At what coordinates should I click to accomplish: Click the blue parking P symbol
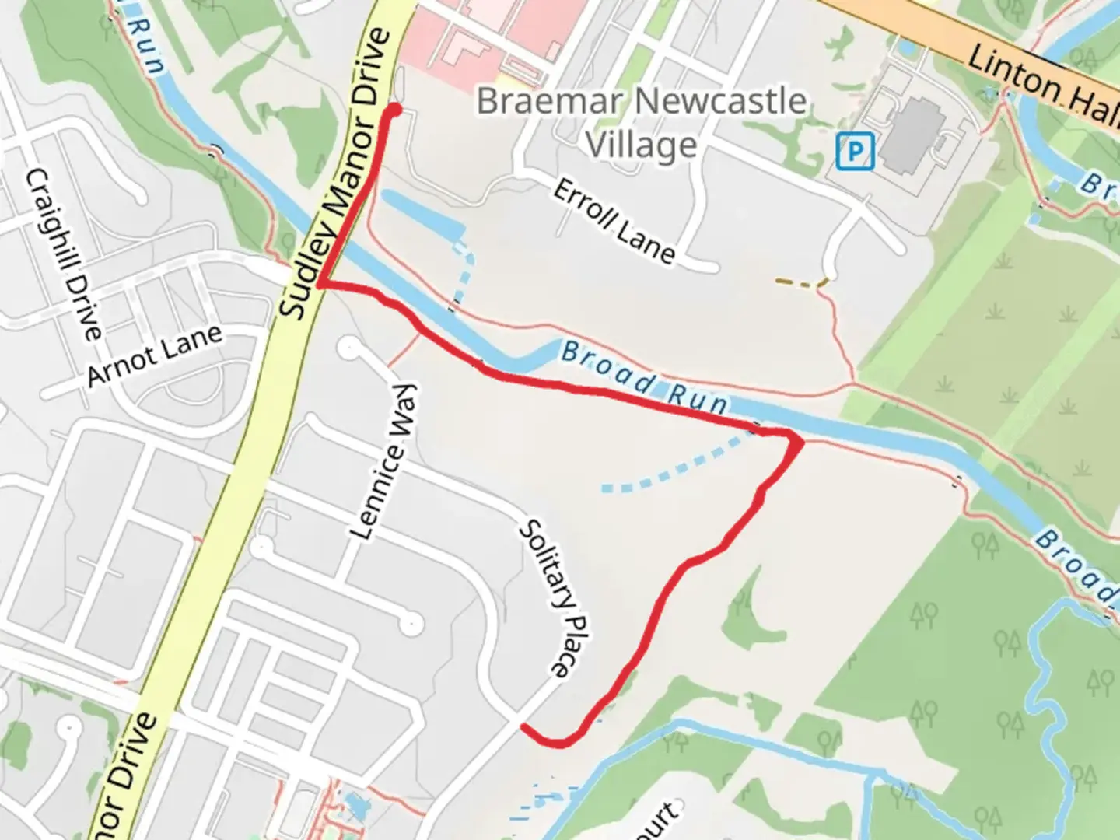[x=856, y=151]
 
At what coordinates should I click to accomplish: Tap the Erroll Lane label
[x=614, y=221]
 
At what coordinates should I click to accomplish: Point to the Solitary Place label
[x=555, y=598]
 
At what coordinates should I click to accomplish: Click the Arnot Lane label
[x=154, y=355]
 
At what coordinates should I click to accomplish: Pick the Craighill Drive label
[x=65, y=254]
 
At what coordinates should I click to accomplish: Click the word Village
[x=642, y=145]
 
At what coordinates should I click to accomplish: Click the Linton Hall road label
[x=1042, y=82]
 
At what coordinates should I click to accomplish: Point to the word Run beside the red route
[x=698, y=397]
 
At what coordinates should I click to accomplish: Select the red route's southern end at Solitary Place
[x=525, y=727]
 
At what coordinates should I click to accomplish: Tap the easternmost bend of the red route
[x=799, y=442]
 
